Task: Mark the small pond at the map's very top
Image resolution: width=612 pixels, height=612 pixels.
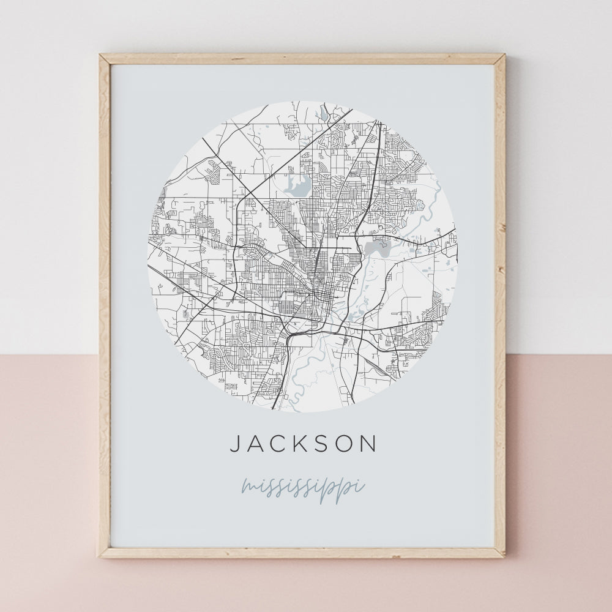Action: [x=323, y=114]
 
